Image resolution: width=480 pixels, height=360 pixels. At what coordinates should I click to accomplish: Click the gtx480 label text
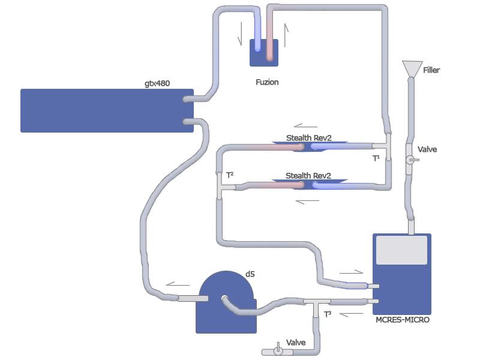157,83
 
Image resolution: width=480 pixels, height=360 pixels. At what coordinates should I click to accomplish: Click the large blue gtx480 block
107,110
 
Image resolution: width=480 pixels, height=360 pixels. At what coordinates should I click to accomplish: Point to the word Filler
431,70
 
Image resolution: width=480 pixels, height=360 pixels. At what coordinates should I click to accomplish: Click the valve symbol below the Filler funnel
412,160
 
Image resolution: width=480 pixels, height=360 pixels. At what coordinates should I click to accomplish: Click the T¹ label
377,158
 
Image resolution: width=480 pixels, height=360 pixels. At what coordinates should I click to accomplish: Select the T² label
229,175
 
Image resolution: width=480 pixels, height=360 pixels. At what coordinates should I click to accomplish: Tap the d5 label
250,274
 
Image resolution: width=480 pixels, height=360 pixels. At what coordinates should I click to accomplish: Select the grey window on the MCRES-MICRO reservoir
401,250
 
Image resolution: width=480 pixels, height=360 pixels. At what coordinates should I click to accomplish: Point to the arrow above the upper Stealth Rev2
306,126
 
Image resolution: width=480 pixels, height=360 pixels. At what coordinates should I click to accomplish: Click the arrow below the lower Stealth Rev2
308,201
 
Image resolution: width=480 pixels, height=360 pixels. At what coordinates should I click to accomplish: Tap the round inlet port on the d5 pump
224,298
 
